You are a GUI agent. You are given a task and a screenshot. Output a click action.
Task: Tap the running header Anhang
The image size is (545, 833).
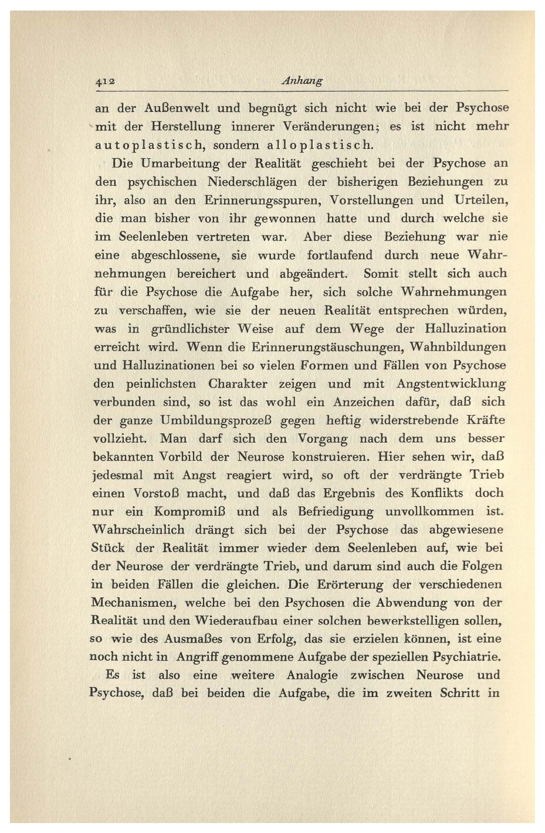click(302, 81)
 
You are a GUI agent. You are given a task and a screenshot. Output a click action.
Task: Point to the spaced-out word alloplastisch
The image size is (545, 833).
click(320, 145)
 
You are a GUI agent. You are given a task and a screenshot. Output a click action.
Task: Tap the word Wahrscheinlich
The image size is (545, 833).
click(138, 530)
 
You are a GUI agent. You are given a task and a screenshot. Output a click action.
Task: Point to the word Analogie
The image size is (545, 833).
click(312, 675)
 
